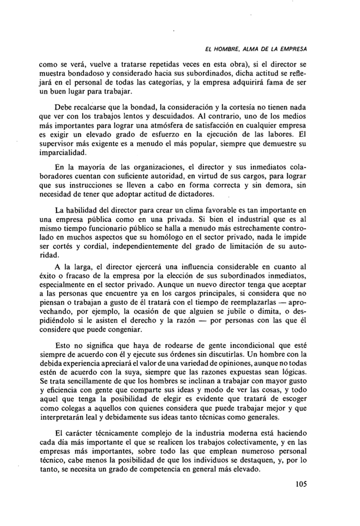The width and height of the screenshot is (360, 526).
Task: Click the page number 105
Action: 300,498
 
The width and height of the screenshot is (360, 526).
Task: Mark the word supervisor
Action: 58,144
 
